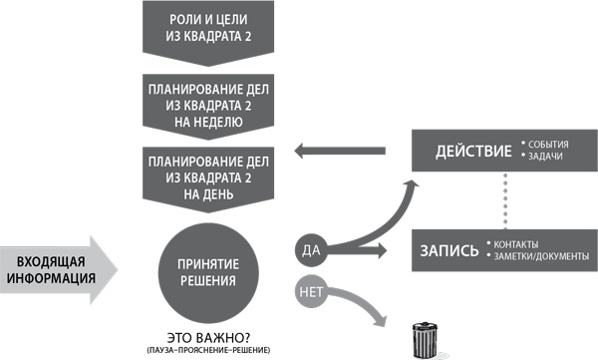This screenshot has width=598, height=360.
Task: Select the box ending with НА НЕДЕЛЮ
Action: click(207, 105)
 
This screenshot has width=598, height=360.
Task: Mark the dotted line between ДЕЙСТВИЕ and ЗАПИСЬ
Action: click(505, 199)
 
